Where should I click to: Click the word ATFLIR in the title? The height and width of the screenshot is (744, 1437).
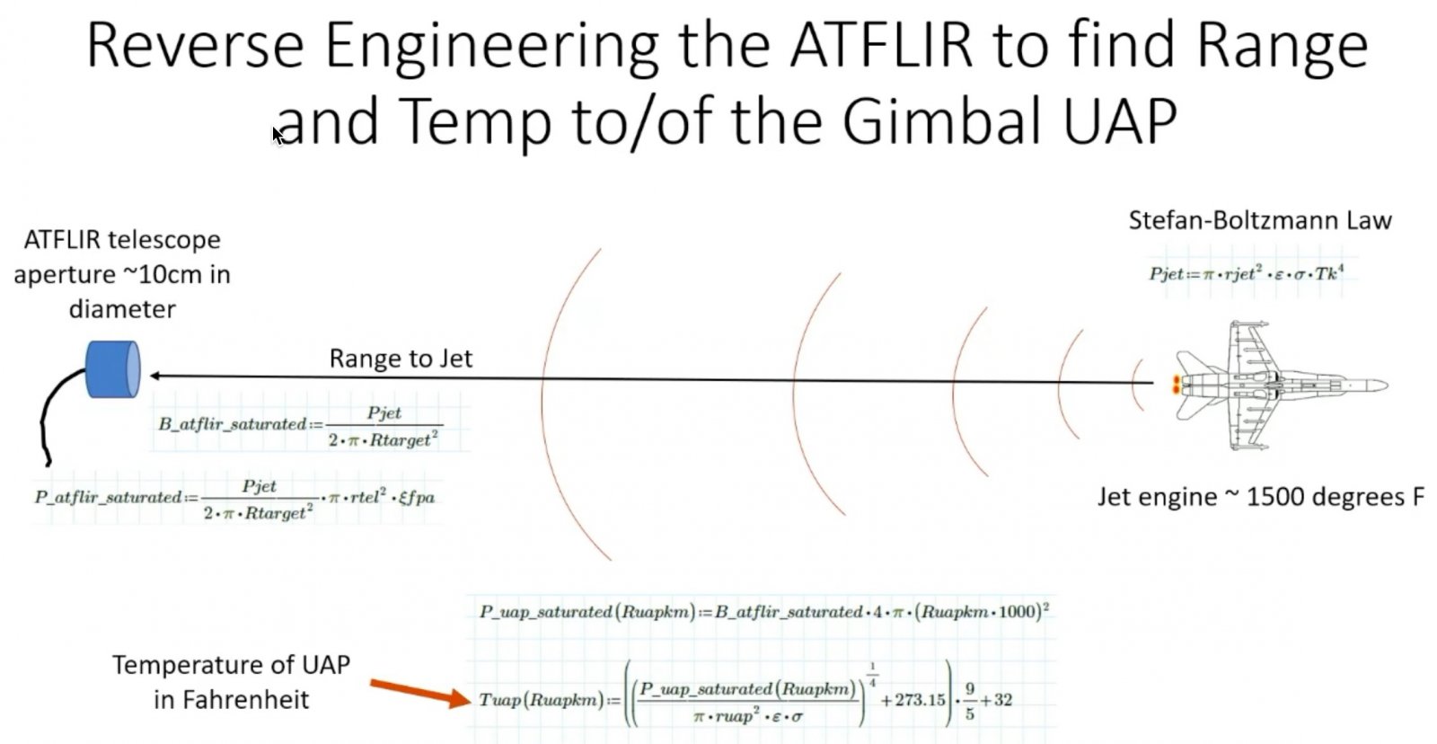[x=881, y=45]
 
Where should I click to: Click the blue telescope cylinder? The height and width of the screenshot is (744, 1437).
[x=113, y=369]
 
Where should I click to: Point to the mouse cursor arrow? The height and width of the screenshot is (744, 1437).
[x=278, y=136]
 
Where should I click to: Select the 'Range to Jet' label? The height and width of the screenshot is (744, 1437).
[x=401, y=359]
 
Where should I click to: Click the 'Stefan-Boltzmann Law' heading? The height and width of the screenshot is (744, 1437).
[x=1260, y=220]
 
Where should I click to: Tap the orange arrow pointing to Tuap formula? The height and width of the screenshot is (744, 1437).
[x=420, y=694]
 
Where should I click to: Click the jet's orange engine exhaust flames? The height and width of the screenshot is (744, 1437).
[x=1176, y=385]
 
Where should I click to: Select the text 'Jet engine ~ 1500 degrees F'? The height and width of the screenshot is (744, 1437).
[x=1261, y=497]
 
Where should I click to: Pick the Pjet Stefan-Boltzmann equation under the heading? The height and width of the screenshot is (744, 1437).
[x=1246, y=273]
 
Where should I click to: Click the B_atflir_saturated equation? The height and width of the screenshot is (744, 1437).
[x=300, y=426]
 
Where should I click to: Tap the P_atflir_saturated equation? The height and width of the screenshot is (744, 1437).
[x=234, y=499]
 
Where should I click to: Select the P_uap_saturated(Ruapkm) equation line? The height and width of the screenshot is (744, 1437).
[x=764, y=611]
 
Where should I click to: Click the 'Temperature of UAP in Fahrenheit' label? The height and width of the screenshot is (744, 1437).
[x=231, y=682]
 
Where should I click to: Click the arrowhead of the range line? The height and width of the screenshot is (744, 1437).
[x=156, y=376]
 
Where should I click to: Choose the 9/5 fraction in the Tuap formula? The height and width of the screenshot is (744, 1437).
[x=969, y=700]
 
